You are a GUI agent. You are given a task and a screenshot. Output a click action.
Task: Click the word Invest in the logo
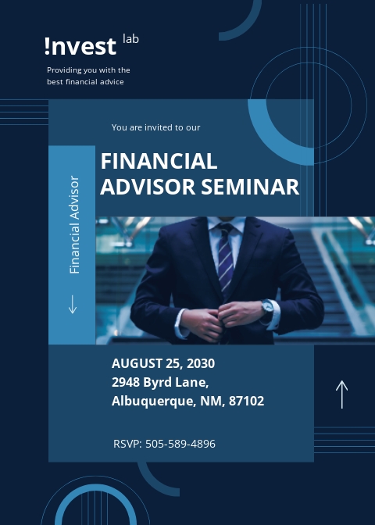[80, 47]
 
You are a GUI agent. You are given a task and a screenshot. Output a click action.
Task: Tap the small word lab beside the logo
[130, 38]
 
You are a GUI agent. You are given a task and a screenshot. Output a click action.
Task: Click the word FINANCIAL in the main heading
[159, 161]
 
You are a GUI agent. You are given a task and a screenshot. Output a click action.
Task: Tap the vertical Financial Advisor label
[74, 225]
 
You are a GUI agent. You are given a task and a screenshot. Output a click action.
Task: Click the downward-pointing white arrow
[73, 303]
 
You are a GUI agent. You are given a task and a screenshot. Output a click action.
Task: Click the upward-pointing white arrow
[341, 394]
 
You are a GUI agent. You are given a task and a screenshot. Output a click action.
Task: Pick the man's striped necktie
[225, 258]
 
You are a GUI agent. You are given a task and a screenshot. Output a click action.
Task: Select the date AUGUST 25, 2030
[163, 363]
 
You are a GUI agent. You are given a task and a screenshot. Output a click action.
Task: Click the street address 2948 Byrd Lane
[160, 382]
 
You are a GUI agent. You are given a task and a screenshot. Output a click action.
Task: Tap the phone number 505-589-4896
[180, 444]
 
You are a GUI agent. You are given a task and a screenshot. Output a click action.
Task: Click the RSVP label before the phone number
[127, 444]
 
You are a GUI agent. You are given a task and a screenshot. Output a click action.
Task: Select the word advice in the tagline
[110, 81]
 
